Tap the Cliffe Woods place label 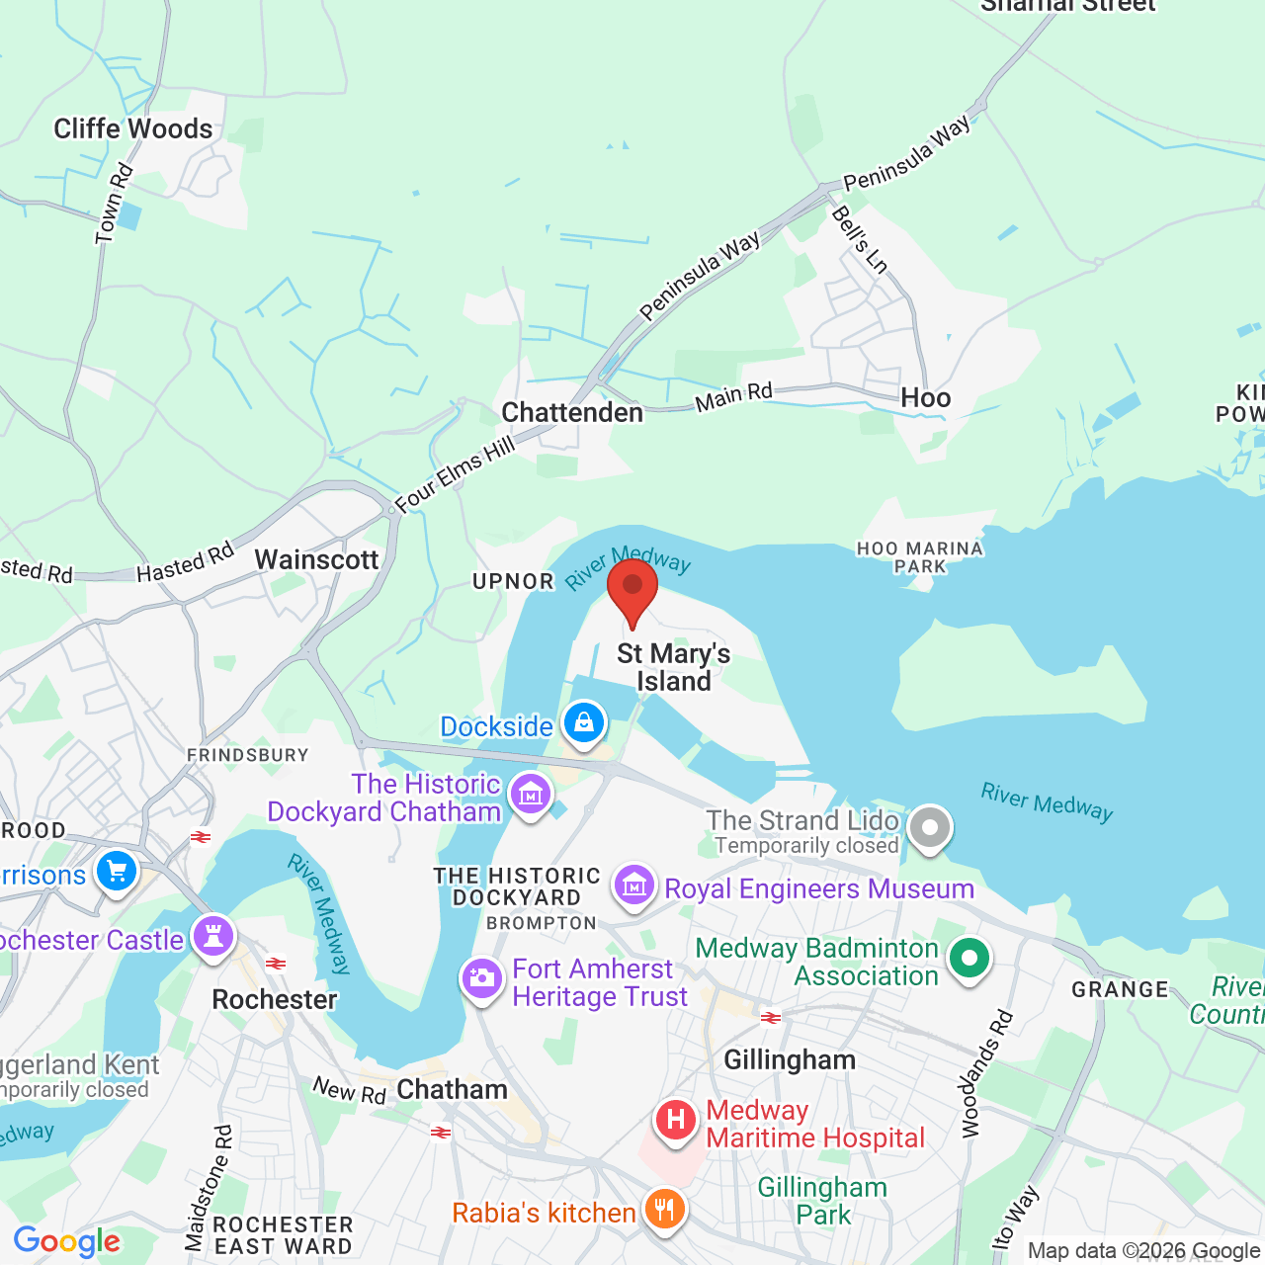(133, 128)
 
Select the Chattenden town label (572, 412)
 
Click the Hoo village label (925, 398)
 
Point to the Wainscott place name (316, 559)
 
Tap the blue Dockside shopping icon (584, 724)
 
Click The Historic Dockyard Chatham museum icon (531, 794)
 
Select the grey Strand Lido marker (929, 828)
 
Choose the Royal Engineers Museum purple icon (634, 886)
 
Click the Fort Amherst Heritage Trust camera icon (482, 979)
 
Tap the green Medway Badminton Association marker (970, 958)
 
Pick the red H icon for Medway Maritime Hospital (676, 1121)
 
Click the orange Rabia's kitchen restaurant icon (664, 1209)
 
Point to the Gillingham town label (790, 1060)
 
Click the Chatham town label (452, 1089)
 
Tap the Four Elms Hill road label (456, 475)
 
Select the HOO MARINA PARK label (920, 557)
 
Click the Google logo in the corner (67, 1241)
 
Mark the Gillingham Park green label (822, 1201)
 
